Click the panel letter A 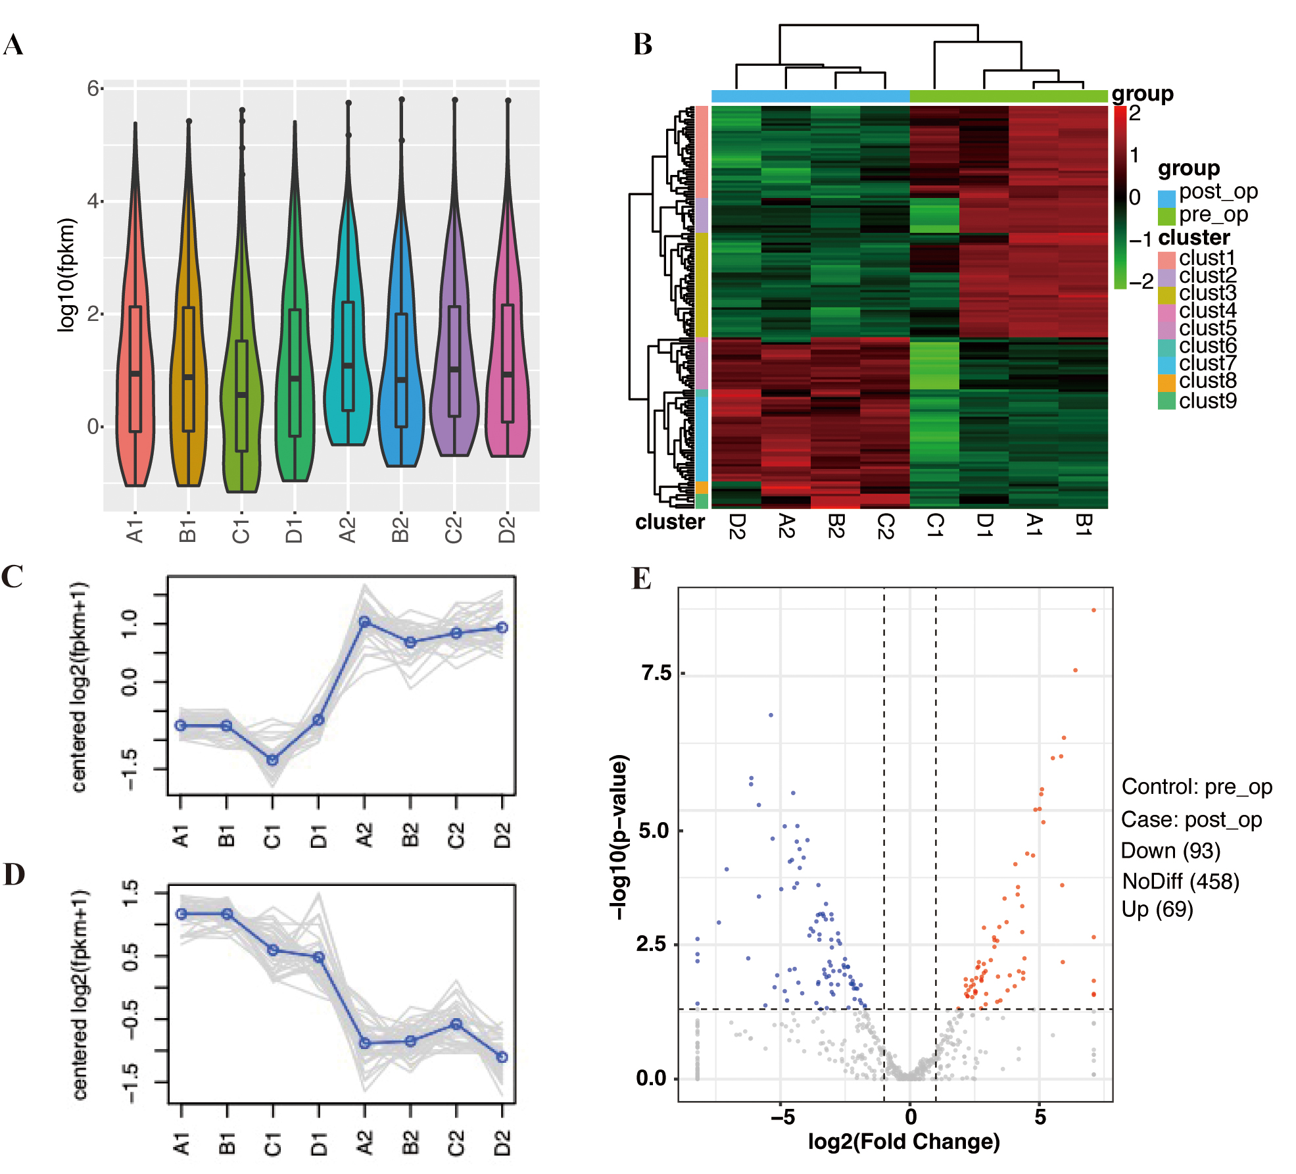coord(13,45)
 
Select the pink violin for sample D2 coord(507,368)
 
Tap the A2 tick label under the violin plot coord(348,529)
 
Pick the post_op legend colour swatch coord(1166,198)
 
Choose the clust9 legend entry coord(1207,401)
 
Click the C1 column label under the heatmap coord(934,526)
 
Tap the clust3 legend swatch coord(1166,294)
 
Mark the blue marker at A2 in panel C coord(364,622)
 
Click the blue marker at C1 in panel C coord(272,760)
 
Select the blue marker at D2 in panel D coord(502,1057)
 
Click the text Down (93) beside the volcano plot coord(1170,850)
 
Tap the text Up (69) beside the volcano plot coord(1157,910)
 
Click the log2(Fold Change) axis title coord(903,1141)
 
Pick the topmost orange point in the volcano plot coord(1093,610)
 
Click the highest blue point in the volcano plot coord(771,715)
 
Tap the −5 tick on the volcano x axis coord(782,1117)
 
